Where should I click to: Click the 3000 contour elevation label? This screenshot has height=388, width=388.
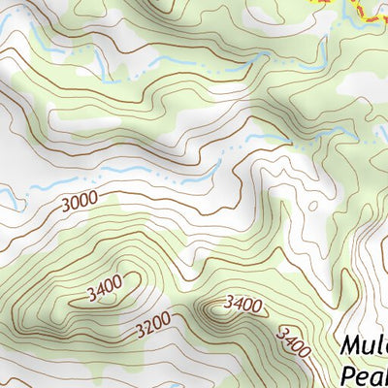tap(80, 205)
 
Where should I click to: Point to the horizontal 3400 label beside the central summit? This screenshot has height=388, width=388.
tap(242, 305)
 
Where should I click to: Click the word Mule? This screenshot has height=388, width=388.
tap(366, 346)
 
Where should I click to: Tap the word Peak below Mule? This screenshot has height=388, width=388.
tap(365, 375)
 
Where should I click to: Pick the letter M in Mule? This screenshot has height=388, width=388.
tap(351, 346)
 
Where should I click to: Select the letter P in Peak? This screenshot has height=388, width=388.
tap(348, 375)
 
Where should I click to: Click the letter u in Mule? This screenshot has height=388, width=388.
tap(368, 347)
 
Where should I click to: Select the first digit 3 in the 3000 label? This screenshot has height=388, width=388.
tap(65, 206)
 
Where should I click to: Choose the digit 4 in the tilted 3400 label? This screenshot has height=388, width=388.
tap(288, 338)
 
